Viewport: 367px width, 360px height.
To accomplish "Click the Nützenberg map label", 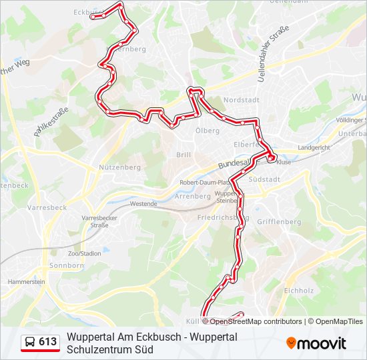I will pos(119,167).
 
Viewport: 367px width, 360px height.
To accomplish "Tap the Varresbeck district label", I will pos(47,207).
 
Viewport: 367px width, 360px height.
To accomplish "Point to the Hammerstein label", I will pos(26,282).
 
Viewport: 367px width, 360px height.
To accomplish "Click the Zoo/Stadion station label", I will pos(84,253).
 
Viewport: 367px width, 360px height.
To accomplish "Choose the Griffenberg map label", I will pos(280,221).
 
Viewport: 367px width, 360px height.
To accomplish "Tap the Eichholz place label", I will pos(298,291).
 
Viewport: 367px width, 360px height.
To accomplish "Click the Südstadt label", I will pos(263,179).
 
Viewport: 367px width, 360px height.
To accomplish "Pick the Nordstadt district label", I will pos(240,100).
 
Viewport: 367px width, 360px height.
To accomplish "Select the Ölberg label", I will pos(207,131).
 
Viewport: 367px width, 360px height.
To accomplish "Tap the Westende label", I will pos(143,203).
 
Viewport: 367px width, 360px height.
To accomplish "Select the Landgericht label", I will pos(314,147).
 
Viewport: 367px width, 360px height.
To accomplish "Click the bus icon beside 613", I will pos(31,343).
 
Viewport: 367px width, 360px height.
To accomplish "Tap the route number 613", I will pos(48,343).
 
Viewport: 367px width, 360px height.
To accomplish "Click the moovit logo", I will pos(316,343).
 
